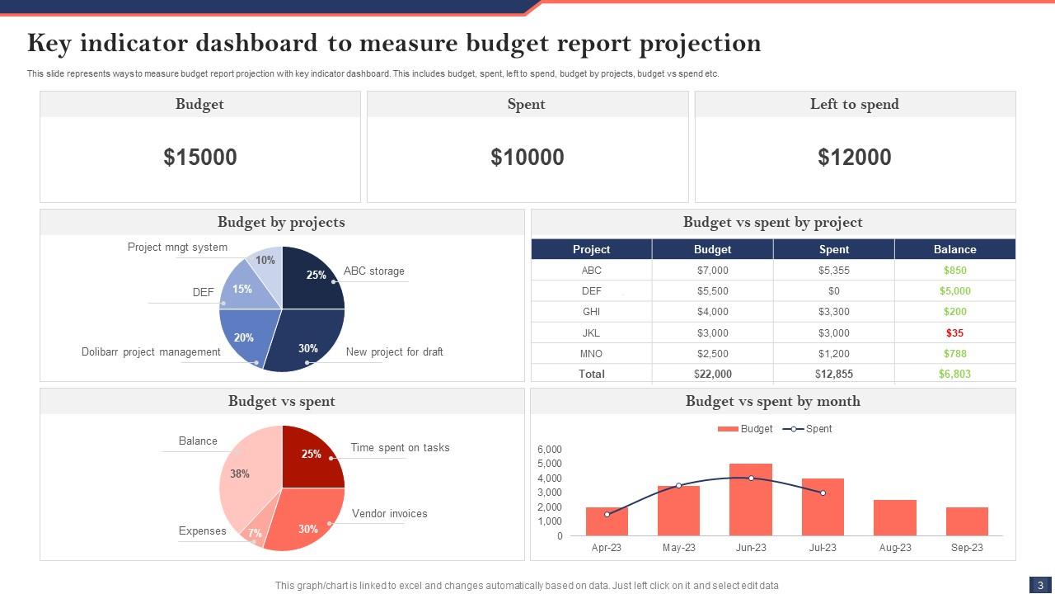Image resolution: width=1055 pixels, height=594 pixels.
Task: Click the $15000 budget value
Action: [200, 158]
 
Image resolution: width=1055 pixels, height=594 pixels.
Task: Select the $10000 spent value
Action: [527, 158]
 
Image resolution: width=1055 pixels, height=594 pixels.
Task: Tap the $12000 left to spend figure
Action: [855, 158]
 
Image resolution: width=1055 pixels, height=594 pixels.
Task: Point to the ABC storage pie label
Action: [373, 271]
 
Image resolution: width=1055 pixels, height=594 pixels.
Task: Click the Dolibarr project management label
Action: [151, 352]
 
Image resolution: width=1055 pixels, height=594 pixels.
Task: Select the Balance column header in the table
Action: [954, 249]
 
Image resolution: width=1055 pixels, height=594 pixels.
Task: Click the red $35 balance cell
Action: [954, 333]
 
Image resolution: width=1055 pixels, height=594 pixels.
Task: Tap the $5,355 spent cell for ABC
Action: [833, 271]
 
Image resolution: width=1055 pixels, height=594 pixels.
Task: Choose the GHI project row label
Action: [591, 312]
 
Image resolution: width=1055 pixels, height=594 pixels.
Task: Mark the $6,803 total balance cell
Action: [954, 374]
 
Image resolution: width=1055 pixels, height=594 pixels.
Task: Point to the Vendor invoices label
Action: [389, 514]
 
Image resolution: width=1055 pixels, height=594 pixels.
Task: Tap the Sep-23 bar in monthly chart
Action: [967, 522]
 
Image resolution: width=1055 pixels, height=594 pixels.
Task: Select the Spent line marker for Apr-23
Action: [607, 515]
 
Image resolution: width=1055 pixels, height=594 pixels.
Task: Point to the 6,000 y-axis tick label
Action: [550, 450]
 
